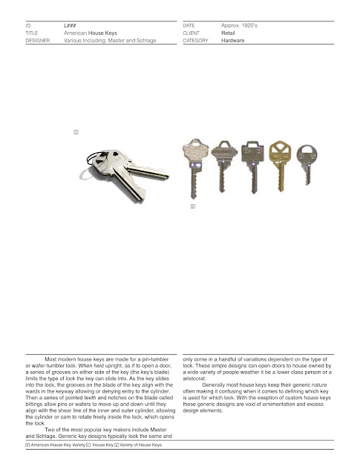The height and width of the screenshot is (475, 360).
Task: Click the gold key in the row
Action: [281, 163]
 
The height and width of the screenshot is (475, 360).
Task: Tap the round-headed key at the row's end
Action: [306, 163]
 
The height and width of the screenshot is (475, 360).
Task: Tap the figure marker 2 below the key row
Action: [192, 206]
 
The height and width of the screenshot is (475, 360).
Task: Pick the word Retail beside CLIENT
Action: [229, 33]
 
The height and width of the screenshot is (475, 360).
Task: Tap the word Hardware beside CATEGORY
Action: [234, 42]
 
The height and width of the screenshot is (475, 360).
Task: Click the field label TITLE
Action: [32, 33]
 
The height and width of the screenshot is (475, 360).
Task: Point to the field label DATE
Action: [189, 26]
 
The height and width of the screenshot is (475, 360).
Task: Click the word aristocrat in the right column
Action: [197, 378]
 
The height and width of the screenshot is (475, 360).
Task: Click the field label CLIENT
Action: [192, 33]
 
